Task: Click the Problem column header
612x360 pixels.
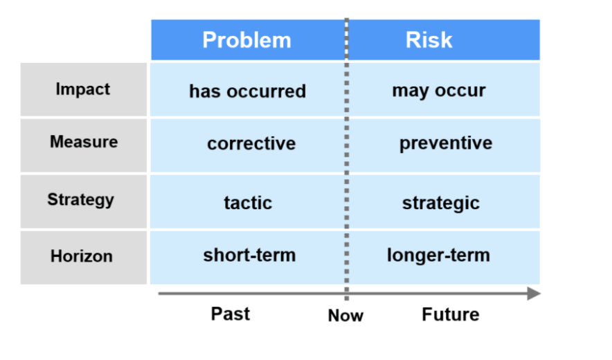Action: (x=246, y=40)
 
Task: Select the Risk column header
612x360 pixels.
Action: (x=429, y=40)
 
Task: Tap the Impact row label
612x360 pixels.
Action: (x=83, y=89)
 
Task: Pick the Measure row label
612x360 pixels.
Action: (x=83, y=142)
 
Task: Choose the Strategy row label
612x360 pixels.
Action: (x=80, y=200)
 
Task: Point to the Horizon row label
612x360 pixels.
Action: (x=81, y=256)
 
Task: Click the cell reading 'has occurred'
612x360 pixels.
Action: (x=247, y=91)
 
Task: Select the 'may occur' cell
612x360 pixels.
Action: (x=439, y=91)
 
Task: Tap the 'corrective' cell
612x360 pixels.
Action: (x=251, y=144)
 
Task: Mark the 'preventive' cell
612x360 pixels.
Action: (x=445, y=144)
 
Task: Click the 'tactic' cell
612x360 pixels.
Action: (x=248, y=203)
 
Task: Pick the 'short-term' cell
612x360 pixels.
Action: (x=249, y=255)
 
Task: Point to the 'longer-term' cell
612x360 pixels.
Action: (x=438, y=255)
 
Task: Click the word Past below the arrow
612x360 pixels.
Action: (x=231, y=314)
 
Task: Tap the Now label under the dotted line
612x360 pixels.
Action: (x=345, y=316)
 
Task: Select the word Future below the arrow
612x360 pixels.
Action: (x=450, y=314)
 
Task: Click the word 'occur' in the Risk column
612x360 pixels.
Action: (x=461, y=91)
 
